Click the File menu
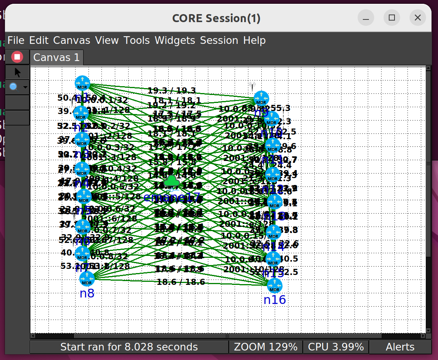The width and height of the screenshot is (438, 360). tap(16, 40)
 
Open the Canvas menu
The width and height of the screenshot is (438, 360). tap(72, 40)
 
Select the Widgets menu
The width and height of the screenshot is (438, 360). tap(175, 40)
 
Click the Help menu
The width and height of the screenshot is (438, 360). tap(254, 40)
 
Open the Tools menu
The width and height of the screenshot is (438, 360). tap(137, 40)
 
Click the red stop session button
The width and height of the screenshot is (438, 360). tap(17, 57)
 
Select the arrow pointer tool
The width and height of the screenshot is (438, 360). tap(18, 72)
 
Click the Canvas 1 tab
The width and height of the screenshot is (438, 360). tap(56, 58)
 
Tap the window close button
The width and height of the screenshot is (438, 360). tap(417, 18)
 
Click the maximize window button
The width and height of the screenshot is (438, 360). tap(391, 18)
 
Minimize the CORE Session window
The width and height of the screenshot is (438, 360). tap(366, 18)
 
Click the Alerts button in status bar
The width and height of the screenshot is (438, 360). tap(400, 347)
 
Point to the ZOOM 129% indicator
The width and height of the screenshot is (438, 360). tap(266, 347)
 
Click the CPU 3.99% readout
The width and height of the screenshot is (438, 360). tap(336, 347)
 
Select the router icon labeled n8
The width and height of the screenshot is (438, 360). tap(87, 279)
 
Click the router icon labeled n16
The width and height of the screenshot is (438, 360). tap(274, 286)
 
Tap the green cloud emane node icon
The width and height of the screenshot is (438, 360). tap(172, 182)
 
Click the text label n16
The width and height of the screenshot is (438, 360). tap(275, 300)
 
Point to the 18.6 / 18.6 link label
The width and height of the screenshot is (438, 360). tap(181, 282)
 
